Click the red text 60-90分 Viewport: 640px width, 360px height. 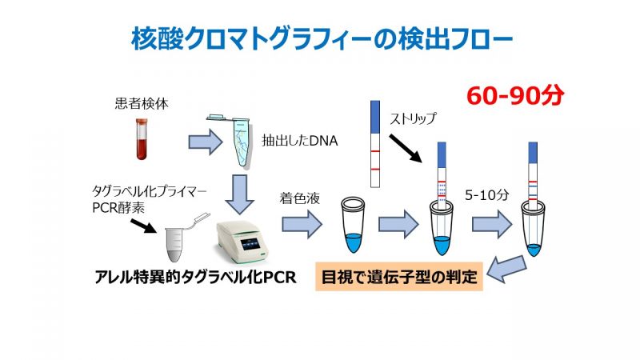tap(515, 96)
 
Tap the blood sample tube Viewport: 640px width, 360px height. tap(142, 138)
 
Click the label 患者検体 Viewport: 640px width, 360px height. tap(142, 104)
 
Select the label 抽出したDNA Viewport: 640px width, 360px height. tap(299, 141)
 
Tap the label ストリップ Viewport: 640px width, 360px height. tap(413, 118)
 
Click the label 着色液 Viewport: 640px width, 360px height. tap(300, 198)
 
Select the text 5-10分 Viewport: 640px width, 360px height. tap(487, 195)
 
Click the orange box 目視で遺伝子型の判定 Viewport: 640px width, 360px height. tap(398, 277)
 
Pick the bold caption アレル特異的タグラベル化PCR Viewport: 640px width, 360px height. tap(195, 277)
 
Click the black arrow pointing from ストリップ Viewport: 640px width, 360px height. tap(405, 149)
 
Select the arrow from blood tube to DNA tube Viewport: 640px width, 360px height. tap(206, 142)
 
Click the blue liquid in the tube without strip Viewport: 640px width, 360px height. tap(353, 242)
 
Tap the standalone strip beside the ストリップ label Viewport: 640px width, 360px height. tap(375, 144)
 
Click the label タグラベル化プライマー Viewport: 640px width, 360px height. tap(150, 191)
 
